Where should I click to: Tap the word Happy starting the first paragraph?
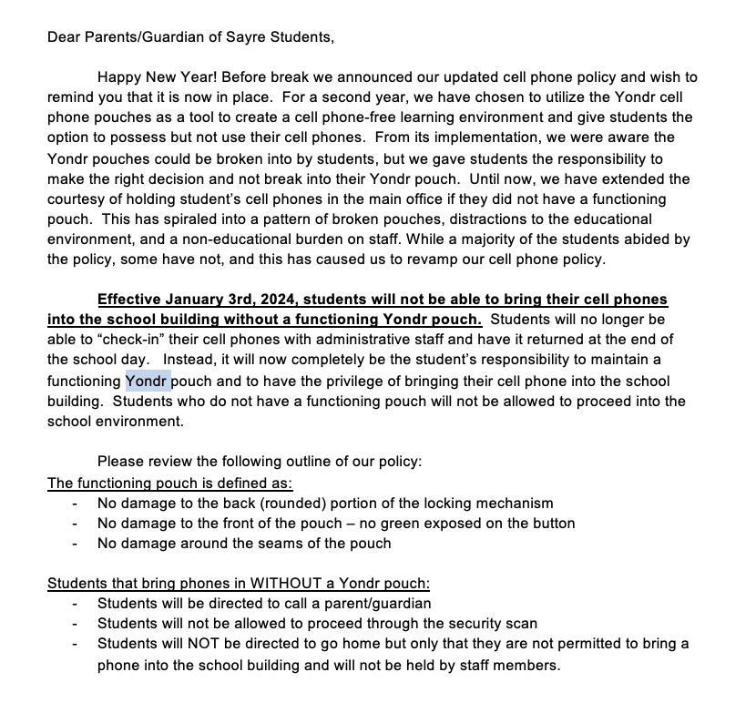tap(120, 77)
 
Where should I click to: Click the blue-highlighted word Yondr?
tap(148, 381)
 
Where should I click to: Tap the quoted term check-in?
tap(115, 341)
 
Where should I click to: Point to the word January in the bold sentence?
tap(188, 300)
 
